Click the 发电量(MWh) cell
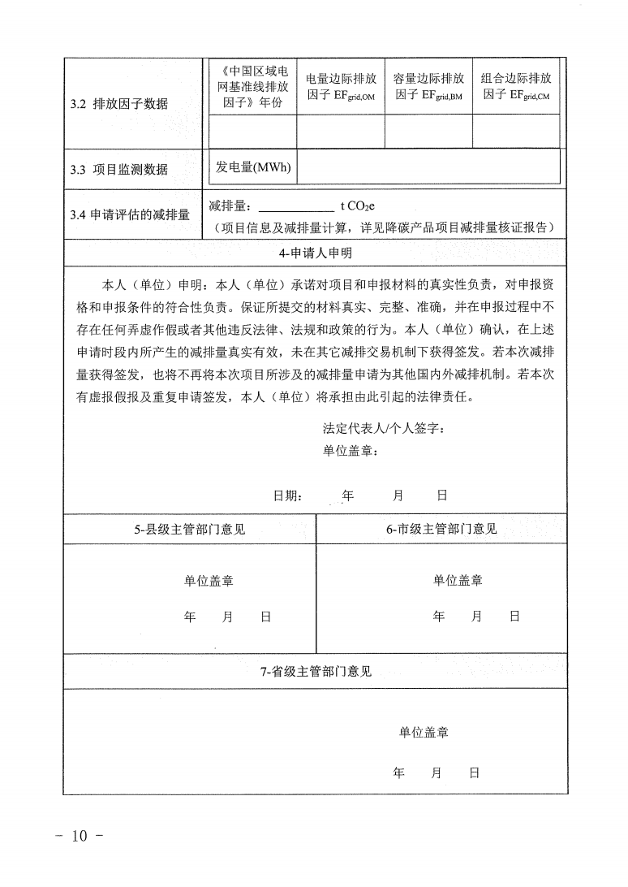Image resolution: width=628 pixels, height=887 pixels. pos(252,167)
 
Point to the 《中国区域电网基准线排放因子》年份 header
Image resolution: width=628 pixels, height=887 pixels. pos(252,86)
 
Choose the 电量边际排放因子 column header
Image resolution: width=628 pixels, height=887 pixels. pos(341,87)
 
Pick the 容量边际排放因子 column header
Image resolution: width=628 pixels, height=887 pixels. pos(428,86)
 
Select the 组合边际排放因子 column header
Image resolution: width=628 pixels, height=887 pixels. pos(516,86)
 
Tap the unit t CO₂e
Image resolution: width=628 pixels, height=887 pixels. pos(358,206)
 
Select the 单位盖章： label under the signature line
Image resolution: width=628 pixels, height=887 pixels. pos(351,451)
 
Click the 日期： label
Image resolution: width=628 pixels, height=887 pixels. pos(289,495)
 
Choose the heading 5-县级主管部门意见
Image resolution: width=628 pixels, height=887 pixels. pos(189,530)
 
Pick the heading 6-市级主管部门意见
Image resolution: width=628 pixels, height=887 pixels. pos(441,530)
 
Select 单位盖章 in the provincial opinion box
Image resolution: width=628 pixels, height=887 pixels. pos(424,732)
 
